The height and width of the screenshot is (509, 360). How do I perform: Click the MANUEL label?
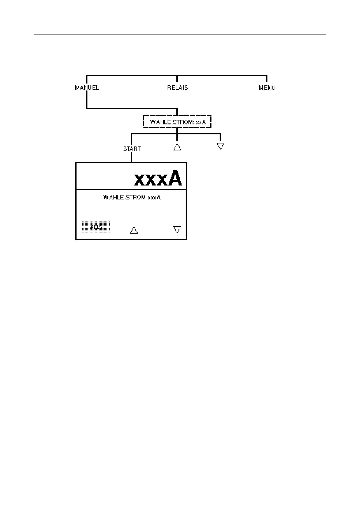pos(87,88)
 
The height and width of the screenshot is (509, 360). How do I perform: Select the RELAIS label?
pos(178,88)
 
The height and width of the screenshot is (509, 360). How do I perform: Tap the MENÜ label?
pos(267,88)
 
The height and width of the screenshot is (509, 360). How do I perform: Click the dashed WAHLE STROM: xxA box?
pos(177,122)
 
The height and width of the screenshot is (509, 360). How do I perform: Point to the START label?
pos(132,149)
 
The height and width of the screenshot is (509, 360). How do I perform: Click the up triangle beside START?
pos(177,147)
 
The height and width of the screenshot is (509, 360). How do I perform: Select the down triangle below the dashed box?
pos(221,146)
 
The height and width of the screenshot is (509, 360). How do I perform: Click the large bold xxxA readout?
pos(158,179)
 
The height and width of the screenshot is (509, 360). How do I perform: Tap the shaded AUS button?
pos(96,227)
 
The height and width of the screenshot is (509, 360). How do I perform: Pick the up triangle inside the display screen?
pos(134,230)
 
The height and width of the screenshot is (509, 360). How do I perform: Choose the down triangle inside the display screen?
pos(177,229)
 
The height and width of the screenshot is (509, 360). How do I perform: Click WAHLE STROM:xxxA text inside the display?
pos(132,197)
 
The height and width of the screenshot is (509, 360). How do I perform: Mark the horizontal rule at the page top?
pos(180,34)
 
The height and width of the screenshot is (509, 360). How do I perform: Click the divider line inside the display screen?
pos(131,190)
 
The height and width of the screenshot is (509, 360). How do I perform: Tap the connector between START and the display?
pos(131,157)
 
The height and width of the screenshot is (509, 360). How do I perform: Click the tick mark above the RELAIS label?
pos(177,79)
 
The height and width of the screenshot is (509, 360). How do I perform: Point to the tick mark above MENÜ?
pos(267,79)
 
